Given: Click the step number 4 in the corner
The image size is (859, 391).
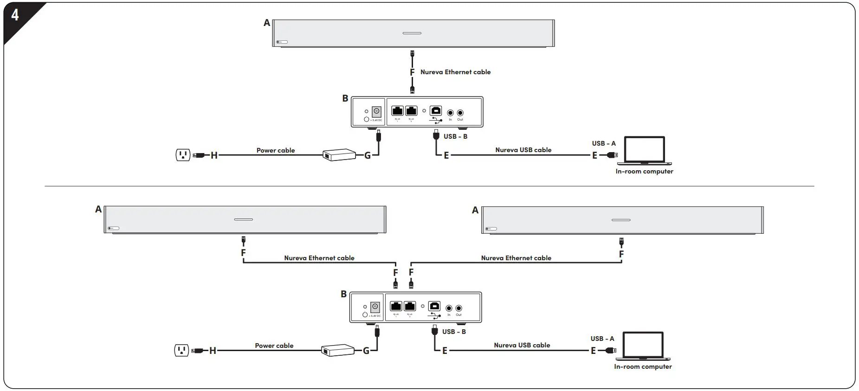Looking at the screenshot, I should click(15, 15).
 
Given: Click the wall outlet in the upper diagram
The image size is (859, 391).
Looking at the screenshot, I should click(183, 155).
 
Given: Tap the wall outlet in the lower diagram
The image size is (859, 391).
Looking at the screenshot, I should click(181, 350).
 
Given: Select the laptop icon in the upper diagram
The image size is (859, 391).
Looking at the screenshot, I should click(645, 150).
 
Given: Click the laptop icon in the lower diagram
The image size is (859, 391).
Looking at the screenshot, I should click(643, 346).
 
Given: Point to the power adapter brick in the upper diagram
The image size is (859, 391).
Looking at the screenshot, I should click(339, 155).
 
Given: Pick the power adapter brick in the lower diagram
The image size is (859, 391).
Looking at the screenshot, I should click(338, 350).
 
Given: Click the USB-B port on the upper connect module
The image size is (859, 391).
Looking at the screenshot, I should click(436, 111).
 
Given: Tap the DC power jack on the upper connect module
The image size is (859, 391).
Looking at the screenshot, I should click(376, 112).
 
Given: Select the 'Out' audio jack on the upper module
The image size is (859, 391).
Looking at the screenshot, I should click(460, 113).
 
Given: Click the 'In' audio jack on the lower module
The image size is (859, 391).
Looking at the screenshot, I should click(449, 308).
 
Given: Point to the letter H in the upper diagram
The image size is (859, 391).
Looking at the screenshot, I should click(214, 155).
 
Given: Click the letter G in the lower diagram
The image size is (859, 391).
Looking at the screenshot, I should click(366, 351).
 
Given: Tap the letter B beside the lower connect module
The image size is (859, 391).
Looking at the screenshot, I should click(343, 294).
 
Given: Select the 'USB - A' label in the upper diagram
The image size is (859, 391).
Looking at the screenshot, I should click(603, 143).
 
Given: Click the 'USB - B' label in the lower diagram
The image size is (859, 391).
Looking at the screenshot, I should click(454, 332).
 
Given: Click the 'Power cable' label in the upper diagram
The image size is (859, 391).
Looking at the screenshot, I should click(276, 150).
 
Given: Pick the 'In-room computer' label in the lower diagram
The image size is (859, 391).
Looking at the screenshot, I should click(643, 366).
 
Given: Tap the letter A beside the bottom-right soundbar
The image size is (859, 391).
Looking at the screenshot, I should click(475, 210).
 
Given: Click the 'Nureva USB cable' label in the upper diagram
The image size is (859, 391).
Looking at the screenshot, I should click(523, 150).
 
